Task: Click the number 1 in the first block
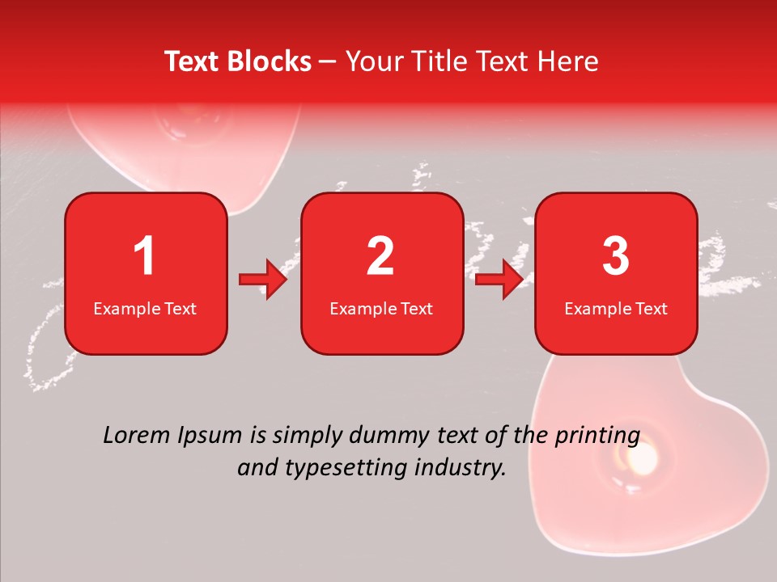(145, 256)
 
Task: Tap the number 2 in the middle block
(380, 256)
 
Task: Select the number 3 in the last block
(616, 256)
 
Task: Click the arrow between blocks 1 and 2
(264, 280)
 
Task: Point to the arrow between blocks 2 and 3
(499, 280)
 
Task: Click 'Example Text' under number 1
(145, 308)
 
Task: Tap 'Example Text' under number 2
(381, 308)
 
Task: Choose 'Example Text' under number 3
(616, 308)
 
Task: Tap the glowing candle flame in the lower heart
(645, 460)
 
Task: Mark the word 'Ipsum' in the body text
(212, 436)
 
